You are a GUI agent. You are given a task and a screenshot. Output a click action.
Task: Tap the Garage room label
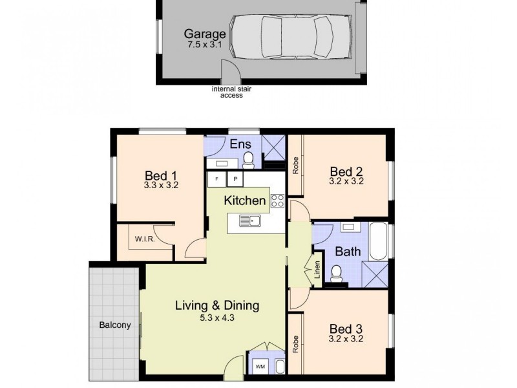[x=205, y=34]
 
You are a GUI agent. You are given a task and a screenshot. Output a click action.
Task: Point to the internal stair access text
[x=231, y=92]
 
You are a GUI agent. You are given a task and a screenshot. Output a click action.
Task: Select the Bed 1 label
[x=161, y=175]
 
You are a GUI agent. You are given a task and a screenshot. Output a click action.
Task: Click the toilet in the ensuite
[x=249, y=159]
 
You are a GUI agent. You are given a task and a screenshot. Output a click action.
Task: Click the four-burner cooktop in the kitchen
[x=278, y=200]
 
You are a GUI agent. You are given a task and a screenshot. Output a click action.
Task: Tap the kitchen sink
[x=249, y=222]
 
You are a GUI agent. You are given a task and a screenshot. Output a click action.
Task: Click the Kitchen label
[x=244, y=200]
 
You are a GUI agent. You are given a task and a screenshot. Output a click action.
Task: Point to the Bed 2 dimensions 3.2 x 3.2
[x=346, y=182]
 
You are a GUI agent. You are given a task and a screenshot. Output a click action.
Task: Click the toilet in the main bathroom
[x=336, y=274]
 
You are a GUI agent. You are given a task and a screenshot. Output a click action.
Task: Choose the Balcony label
[x=115, y=325]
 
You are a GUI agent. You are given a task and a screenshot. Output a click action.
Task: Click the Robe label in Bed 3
[x=295, y=343]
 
